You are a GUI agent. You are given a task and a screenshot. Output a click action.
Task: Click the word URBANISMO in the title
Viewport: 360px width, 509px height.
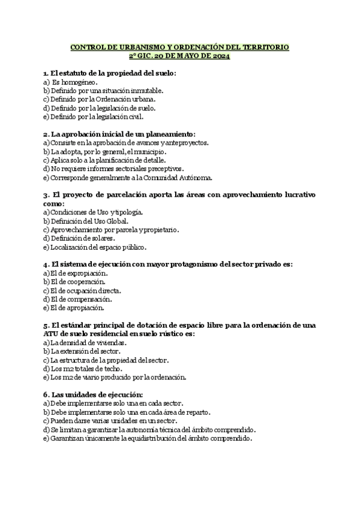[x=132, y=47]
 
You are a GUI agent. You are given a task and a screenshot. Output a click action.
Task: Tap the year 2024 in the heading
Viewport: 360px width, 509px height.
[x=220, y=56]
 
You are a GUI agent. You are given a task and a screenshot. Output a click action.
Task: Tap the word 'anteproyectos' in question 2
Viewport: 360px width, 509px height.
[x=185, y=143]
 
